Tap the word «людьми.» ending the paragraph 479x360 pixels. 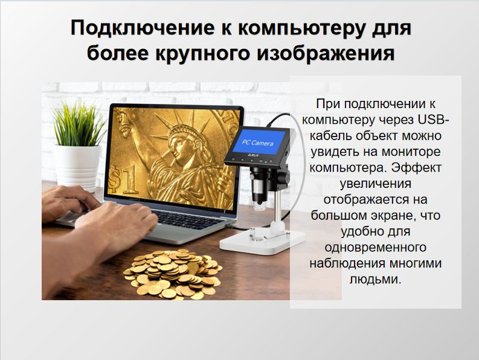point(375,278)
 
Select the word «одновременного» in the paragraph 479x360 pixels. point(376,247)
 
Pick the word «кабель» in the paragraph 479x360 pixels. point(330,136)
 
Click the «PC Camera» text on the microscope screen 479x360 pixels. point(257,143)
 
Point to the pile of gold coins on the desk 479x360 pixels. point(173,274)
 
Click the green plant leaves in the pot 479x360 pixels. point(78,124)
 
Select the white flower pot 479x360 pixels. point(78,167)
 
